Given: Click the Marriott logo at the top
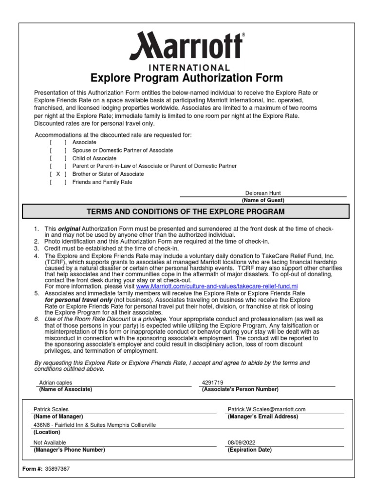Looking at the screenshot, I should click(187, 46).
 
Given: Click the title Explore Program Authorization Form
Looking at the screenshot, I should click(187, 78).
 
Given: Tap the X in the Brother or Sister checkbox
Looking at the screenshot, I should click(58, 174).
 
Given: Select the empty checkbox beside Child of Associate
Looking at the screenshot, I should click(58, 158).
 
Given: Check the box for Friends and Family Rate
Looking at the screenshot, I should click(58, 182).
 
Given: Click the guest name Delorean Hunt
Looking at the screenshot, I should click(262, 193).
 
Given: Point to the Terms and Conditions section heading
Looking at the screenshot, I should click(187, 211).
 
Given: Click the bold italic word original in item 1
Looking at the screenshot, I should click(69, 229).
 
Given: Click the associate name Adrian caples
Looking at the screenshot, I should click(55, 383).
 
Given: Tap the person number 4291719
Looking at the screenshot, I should click(212, 383).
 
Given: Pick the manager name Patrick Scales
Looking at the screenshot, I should click(51, 410).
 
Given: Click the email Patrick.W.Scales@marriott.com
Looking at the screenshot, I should click(266, 410).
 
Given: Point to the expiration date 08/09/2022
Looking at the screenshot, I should click(242, 442).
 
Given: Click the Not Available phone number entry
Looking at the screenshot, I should click(50, 442).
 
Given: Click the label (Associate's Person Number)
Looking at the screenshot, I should click(240, 389).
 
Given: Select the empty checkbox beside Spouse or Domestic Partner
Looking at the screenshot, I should click(58, 151).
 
